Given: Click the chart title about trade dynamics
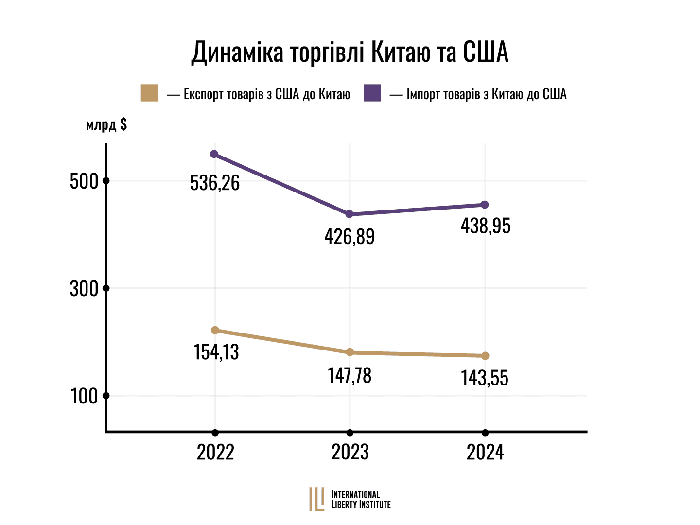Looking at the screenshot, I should tap(350, 52).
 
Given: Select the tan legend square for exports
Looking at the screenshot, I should tap(149, 93).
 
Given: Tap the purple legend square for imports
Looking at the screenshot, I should tap(372, 93).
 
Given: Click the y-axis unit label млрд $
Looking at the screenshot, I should tap(106, 124).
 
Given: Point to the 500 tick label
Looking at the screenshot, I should tap(84, 181).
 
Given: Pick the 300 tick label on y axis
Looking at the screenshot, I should tap(84, 289).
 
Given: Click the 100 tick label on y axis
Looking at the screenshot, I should tap(85, 396).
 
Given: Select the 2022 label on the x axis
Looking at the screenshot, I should tap(215, 452).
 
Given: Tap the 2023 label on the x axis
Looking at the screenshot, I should tap(350, 452).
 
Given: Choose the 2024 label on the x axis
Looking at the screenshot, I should tap(485, 452).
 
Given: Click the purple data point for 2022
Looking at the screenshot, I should tap(214, 154).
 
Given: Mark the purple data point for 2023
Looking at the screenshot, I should tap(349, 214).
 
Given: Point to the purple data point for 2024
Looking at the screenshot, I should tap(485, 205).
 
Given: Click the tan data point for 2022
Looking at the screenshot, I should tap(215, 331).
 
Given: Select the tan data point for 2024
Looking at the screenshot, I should tap(485, 356).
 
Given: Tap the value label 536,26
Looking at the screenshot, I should tap(215, 183).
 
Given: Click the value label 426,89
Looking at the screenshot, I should tap(350, 237).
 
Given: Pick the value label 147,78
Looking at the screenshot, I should tap(350, 376).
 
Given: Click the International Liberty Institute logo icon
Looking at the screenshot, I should tap(317, 499).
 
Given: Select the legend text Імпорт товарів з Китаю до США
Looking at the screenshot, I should tap(486, 94).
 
